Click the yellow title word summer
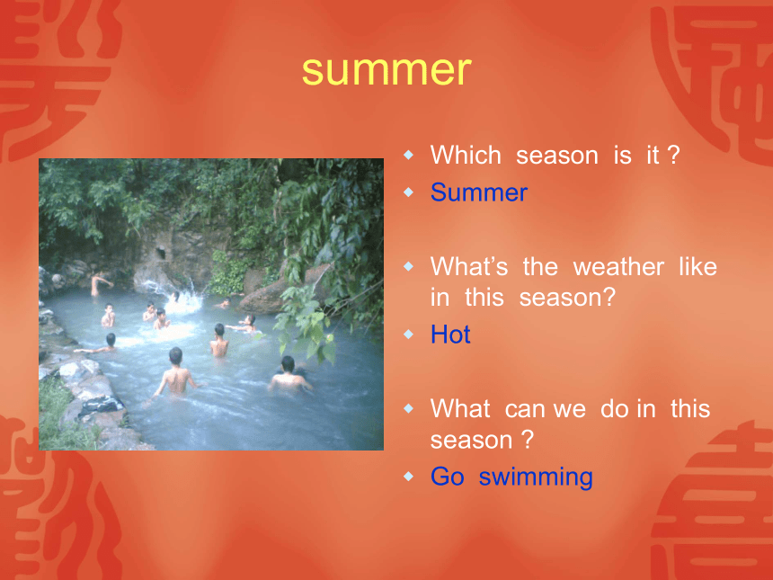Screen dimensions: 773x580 (x=386, y=71)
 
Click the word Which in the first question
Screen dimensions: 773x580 (x=466, y=155)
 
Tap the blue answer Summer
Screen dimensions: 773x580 (x=479, y=192)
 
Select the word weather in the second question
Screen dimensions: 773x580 (x=618, y=267)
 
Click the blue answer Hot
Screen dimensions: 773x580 (x=450, y=335)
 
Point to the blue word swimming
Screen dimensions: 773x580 (x=536, y=477)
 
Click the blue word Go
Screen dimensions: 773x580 (x=447, y=477)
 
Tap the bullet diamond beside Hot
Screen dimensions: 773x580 (x=409, y=335)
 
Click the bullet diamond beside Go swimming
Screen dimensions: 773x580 (x=409, y=477)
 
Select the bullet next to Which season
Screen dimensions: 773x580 (x=409, y=155)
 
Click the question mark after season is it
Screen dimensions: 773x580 (x=673, y=155)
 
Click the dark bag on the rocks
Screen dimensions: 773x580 (x=101, y=406)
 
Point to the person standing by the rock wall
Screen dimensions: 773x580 (x=100, y=283)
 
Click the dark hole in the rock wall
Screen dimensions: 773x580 (x=161, y=253)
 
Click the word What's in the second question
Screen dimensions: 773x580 (x=469, y=267)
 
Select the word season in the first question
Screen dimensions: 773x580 (x=557, y=156)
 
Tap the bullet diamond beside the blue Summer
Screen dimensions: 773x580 (x=409, y=192)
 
